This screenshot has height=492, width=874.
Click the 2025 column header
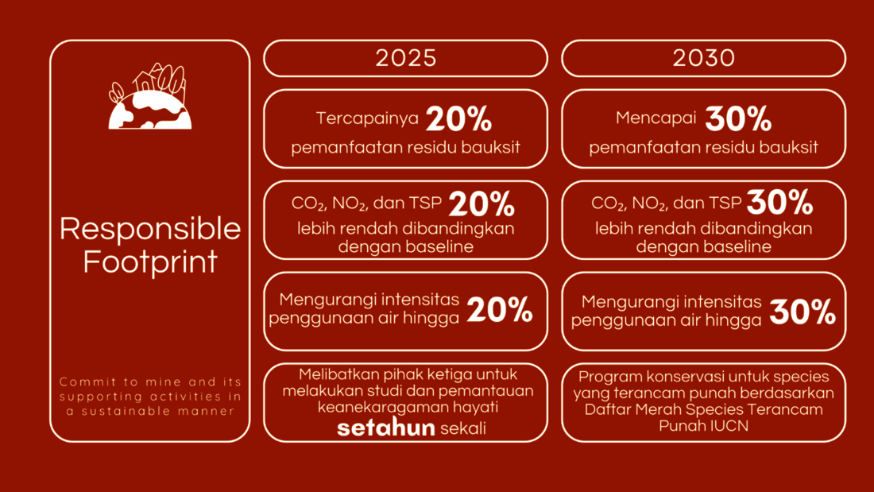(x=405, y=58)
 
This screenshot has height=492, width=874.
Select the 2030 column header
(x=703, y=58)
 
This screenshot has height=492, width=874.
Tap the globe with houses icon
(x=149, y=96)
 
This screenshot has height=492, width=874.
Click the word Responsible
(x=150, y=229)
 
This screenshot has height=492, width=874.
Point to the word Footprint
(x=150, y=261)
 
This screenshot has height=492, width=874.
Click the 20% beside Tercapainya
(x=458, y=118)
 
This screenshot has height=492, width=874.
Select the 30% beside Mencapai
(x=738, y=118)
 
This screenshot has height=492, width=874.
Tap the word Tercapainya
(x=367, y=118)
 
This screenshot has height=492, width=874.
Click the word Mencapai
(x=656, y=118)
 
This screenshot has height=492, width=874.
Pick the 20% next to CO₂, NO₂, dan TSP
(x=481, y=204)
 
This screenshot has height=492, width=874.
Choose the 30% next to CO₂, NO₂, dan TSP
(x=779, y=202)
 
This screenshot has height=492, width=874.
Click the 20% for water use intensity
(x=500, y=310)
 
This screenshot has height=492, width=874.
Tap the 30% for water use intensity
(x=802, y=312)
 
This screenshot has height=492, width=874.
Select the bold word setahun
(x=385, y=428)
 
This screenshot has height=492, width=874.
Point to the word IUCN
(x=729, y=426)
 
